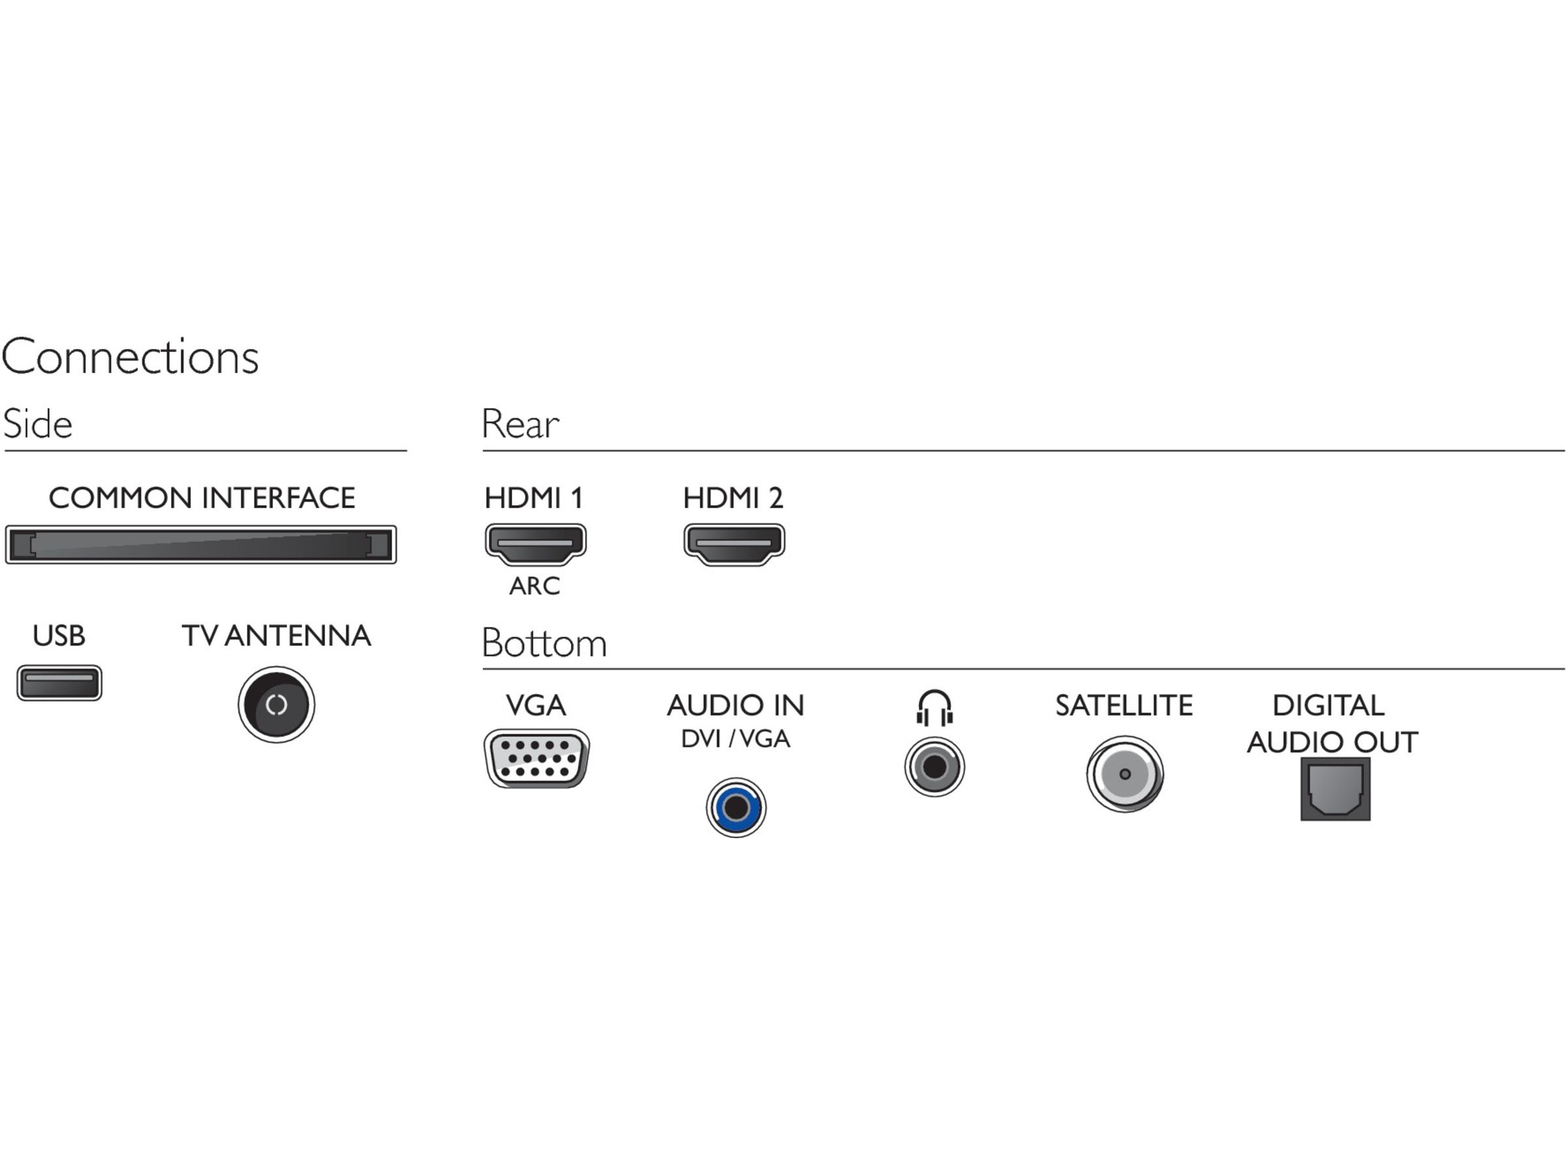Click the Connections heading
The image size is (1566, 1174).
(x=130, y=356)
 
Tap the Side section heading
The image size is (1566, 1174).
(x=38, y=424)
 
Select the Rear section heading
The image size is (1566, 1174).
(x=520, y=424)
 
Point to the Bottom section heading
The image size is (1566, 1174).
(x=544, y=642)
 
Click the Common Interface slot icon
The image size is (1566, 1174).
(x=200, y=544)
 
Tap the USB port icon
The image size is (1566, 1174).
(x=59, y=683)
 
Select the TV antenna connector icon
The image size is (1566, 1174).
(x=276, y=704)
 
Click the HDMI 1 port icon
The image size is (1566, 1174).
(x=535, y=543)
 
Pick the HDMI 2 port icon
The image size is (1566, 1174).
(x=734, y=543)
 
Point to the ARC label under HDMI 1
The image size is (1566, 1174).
(x=534, y=586)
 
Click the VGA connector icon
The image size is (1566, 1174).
(x=536, y=759)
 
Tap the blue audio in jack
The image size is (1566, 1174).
(x=735, y=807)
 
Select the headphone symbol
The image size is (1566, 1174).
(x=934, y=707)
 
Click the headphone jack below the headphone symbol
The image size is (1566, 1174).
(x=934, y=766)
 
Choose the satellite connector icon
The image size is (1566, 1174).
(x=1125, y=774)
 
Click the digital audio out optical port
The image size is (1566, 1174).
(x=1335, y=789)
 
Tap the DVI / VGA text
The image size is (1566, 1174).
(x=735, y=739)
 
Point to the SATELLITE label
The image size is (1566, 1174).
(x=1124, y=706)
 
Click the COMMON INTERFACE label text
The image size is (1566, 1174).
(x=202, y=498)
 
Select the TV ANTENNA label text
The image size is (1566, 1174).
(x=276, y=635)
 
